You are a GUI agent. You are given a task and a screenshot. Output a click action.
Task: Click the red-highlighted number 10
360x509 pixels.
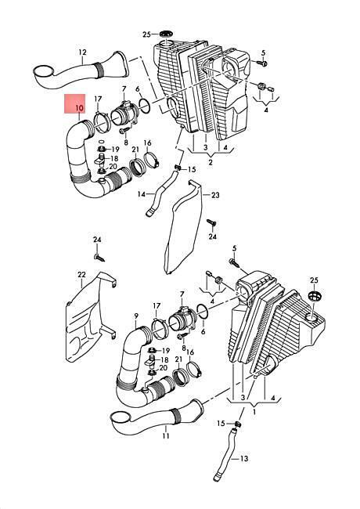(79, 108)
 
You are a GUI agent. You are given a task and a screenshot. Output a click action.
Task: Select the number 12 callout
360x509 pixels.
(82, 52)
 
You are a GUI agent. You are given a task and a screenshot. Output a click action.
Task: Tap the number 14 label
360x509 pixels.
(142, 194)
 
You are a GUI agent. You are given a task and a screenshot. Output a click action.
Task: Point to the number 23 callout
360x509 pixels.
(215, 195)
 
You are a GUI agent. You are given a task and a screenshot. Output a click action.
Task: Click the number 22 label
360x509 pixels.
(81, 275)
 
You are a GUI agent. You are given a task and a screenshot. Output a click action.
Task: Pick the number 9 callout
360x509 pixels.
(136, 316)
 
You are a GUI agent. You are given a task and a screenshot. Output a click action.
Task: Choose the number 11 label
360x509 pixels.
(166, 435)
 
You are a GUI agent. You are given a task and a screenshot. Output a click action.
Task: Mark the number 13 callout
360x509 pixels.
(244, 458)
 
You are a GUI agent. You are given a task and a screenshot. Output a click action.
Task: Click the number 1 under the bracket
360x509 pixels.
(254, 412)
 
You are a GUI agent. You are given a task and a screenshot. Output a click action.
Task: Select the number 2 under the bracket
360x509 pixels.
(211, 162)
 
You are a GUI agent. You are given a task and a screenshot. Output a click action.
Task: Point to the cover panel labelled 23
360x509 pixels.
(184, 227)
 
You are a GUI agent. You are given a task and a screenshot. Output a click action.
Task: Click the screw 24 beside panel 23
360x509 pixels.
(211, 223)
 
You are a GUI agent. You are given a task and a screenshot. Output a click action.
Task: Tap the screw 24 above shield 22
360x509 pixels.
(99, 258)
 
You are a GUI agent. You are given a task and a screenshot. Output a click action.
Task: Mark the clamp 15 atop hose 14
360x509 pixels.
(178, 168)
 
